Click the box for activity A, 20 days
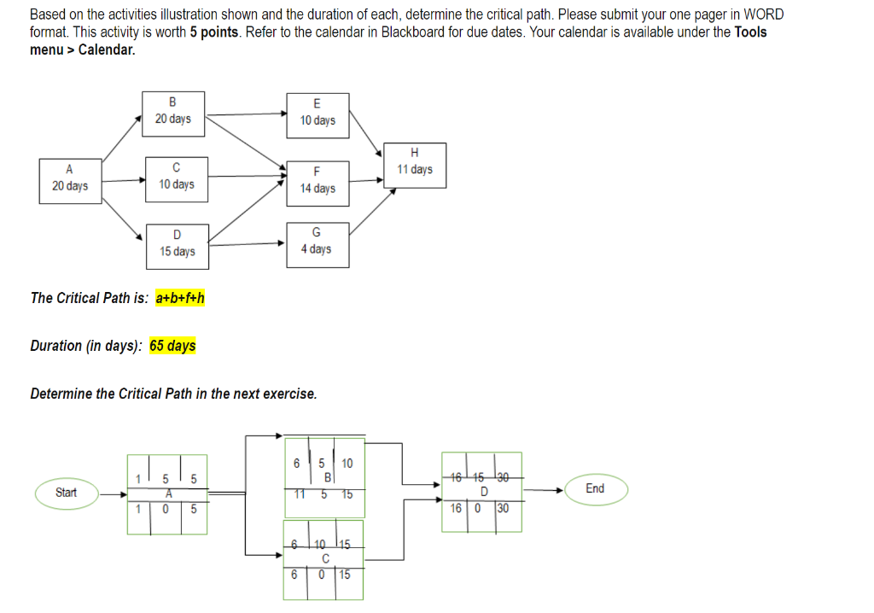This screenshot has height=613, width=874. pyautogui.click(x=70, y=180)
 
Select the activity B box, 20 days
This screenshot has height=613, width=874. pyautogui.click(x=173, y=112)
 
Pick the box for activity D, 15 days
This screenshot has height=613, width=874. pyautogui.click(x=178, y=245)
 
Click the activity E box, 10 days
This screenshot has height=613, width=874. pyautogui.click(x=318, y=113)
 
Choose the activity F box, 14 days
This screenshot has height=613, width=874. pyautogui.click(x=318, y=181)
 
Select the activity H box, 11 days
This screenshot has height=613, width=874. pyautogui.click(x=415, y=165)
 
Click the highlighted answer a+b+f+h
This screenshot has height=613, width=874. pyautogui.click(x=180, y=298)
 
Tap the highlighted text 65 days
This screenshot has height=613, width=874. pyautogui.click(x=172, y=346)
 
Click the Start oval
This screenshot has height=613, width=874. pyautogui.click(x=66, y=493)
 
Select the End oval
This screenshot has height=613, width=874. pyautogui.click(x=595, y=489)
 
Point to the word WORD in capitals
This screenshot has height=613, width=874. pyautogui.click(x=763, y=15)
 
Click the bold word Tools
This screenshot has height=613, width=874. pyautogui.click(x=750, y=32)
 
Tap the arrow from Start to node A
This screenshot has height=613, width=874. pyautogui.click(x=113, y=493)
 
